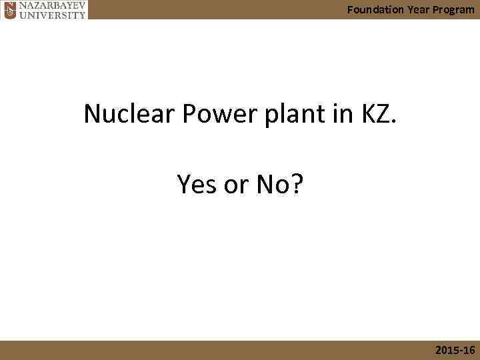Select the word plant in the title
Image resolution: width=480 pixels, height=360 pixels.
tap(285, 116)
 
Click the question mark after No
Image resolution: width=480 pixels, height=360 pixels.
tap(296, 184)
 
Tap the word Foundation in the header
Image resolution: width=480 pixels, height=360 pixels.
tap(375, 9)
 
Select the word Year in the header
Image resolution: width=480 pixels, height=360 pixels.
tap(418, 9)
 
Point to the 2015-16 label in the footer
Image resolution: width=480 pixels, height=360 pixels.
tap(455, 350)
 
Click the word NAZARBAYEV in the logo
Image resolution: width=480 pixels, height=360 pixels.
tap(52, 5)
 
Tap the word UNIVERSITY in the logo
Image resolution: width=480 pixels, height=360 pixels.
tap(52, 14)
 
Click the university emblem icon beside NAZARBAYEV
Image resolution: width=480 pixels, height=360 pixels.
tap(9, 9)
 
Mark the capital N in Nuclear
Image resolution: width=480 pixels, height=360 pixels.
tap(93, 115)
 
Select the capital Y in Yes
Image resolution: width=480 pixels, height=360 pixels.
tap(184, 184)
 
